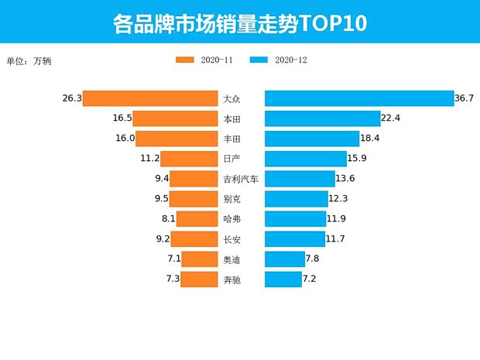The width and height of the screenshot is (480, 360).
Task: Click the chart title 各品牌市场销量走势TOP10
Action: coord(239,22)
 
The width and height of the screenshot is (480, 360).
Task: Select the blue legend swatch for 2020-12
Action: coord(260,60)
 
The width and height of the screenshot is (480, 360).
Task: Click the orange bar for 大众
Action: coord(150,98)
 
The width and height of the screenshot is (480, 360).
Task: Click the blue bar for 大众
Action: coord(359,98)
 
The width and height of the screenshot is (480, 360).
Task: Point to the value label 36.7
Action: coord(464,98)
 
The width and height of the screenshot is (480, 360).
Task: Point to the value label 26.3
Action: coord(72,98)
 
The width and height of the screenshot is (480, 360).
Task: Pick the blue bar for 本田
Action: coord(322,118)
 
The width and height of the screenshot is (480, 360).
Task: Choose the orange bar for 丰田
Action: coord(177,139)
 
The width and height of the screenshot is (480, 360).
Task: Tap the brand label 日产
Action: coord(231,159)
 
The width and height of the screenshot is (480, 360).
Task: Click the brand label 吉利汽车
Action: coord(240,179)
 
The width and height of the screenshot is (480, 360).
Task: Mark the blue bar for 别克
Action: coord(297,199)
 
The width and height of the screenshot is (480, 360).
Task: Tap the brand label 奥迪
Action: coord(231,259)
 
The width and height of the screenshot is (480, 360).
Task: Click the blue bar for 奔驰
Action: coord(283,279)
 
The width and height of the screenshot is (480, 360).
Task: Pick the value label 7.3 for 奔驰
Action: coord(172,279)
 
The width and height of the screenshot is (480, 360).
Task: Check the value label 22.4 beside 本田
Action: coord(390,118)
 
